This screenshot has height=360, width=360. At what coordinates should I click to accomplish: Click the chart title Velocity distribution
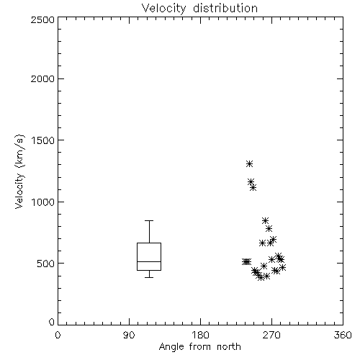tap(199, 8)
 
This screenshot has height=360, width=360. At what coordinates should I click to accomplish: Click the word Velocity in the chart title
tap(163, 9)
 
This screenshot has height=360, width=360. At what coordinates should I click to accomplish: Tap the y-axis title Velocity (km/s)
tap(19, 171)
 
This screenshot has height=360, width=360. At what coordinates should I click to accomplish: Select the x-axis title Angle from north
tap(199, 346)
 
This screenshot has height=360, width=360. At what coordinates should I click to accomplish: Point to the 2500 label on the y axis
tap(42, 19)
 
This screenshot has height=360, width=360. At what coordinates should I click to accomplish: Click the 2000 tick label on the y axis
tap(42, 78)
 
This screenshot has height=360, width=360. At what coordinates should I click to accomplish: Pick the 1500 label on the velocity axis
tap(43, 140)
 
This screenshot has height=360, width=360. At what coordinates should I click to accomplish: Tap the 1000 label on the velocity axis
tap(43, 202)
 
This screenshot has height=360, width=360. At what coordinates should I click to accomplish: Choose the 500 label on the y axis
tap(46, 264)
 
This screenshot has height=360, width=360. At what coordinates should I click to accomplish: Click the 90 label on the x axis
tap(129, 335)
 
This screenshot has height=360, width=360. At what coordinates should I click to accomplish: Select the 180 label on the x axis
tap(199, 335)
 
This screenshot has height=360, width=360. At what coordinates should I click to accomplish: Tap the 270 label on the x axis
tap(271, 335)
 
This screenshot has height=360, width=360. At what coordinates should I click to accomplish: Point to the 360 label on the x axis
tap(343, 335)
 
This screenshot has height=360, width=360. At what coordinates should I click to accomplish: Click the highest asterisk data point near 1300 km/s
tap(249, 164)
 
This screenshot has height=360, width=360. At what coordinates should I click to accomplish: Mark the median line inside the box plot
tap(149, 261)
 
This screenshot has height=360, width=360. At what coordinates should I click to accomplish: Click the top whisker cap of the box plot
tap(149, 220)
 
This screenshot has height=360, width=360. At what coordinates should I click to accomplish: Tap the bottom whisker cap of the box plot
tap(149, 277)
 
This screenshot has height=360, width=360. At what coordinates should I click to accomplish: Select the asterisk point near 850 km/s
tap(265, 220)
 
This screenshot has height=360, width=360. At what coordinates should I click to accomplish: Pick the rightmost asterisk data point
tap(283, 267)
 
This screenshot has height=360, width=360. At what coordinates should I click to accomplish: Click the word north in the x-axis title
tap(229, 346)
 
